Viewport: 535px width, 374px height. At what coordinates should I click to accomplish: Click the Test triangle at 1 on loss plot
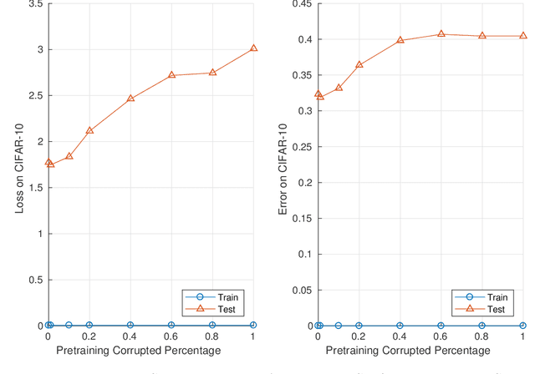(253, 48)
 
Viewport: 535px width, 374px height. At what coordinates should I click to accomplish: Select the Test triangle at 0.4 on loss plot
(130, 99)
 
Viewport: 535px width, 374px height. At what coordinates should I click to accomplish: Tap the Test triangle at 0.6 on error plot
(441, 34)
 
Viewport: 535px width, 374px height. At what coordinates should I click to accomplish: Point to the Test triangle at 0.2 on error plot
(359, 64)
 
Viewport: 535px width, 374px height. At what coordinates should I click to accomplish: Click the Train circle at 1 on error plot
(522, 325)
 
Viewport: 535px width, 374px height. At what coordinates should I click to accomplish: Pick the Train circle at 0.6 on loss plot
(171, 325)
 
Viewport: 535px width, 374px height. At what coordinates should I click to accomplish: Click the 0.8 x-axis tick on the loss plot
(212, 336)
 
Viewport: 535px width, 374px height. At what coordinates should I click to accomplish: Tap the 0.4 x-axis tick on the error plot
(400, 336)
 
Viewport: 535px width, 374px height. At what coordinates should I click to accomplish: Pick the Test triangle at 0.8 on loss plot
(212, 72)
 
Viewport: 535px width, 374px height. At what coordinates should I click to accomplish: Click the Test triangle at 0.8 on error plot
(481, 36)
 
